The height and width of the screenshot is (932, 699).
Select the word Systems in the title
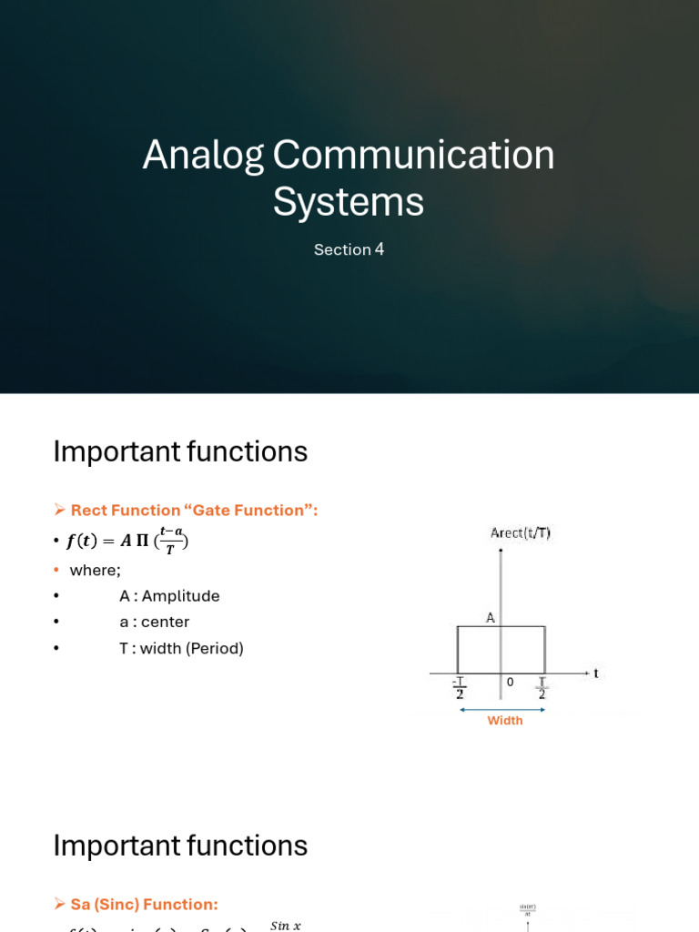pos(349,201)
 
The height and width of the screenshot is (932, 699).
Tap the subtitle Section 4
pos(349,249)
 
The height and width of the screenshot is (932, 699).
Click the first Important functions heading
pos(180,451)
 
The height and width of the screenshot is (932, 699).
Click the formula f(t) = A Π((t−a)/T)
pos(127,542)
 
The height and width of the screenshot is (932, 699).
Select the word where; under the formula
pos(95,570)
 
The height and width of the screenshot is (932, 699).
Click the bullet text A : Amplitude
pos(169,596)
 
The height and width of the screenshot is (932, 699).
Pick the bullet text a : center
pos(154,623)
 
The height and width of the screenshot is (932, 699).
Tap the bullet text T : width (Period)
pos(181,649)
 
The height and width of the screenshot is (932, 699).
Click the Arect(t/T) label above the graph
pos(520,533)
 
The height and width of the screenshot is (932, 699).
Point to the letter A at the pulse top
pos(490,618)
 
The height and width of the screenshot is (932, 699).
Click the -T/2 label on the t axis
pos(459,688)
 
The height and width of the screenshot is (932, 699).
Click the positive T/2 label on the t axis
pos(542,688)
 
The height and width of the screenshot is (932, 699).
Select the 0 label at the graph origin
pos(510,682)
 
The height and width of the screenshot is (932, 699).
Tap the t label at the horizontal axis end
pos(595,674)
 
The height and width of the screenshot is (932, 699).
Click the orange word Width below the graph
pos(505,721)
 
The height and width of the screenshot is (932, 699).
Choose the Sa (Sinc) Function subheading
pos(144,905)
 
